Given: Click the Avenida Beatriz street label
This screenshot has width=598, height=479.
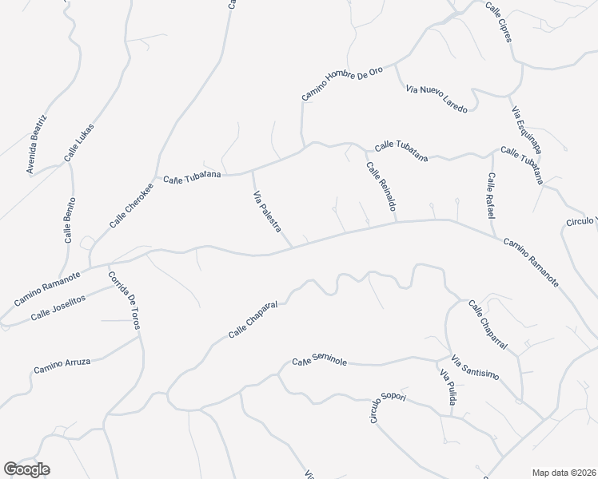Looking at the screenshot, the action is coord(37,144).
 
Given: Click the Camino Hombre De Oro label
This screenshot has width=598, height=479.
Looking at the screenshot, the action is coord(342,83).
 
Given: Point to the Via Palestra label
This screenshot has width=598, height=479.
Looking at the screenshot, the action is coord(267,212).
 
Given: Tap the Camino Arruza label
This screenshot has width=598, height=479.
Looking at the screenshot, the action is coord(62,366).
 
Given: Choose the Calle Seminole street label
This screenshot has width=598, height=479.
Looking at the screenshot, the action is coord(319,362).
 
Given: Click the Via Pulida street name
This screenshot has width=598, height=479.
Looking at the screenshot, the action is coord(446,387).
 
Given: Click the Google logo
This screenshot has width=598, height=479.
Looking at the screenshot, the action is coord(26,469).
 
